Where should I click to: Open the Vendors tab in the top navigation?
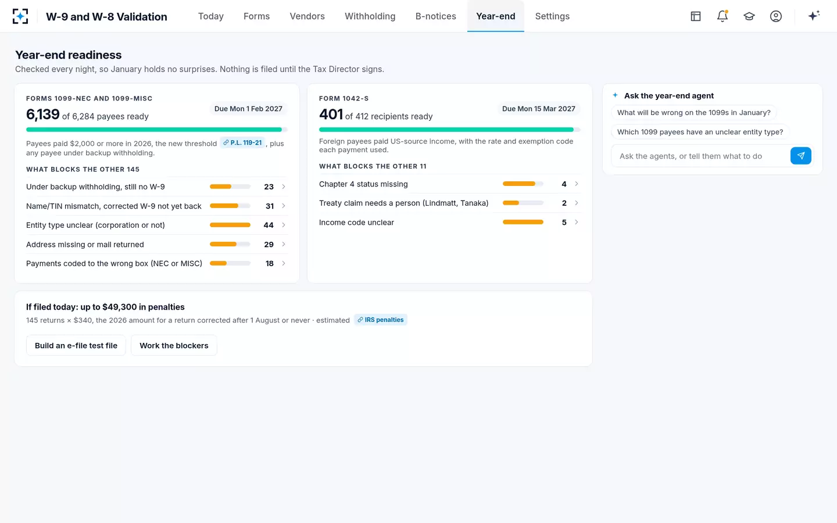pos(307,16)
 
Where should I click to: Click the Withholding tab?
pos(370,16)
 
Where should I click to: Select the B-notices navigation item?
pos(436,16)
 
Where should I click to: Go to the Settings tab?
pos(552,16)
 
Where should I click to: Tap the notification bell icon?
pos(722,16)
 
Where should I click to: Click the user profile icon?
pos(776,16)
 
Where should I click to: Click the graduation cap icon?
pos(749,16)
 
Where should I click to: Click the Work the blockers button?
pos(174,346)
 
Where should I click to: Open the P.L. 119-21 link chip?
pos(242,143)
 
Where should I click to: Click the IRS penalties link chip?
pos(380,320)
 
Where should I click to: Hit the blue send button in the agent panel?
pos(801,156)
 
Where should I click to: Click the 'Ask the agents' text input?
pos(700,156)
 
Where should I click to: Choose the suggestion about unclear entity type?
pos(700,132)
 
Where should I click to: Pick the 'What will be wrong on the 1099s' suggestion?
pos(693,113)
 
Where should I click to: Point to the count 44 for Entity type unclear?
pos(269,225)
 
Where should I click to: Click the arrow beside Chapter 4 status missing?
pos(577,184)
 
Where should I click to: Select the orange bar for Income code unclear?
pos(523,222)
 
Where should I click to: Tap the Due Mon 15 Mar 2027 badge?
pos(538,109)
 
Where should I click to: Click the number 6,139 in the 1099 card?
pos(42,114)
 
